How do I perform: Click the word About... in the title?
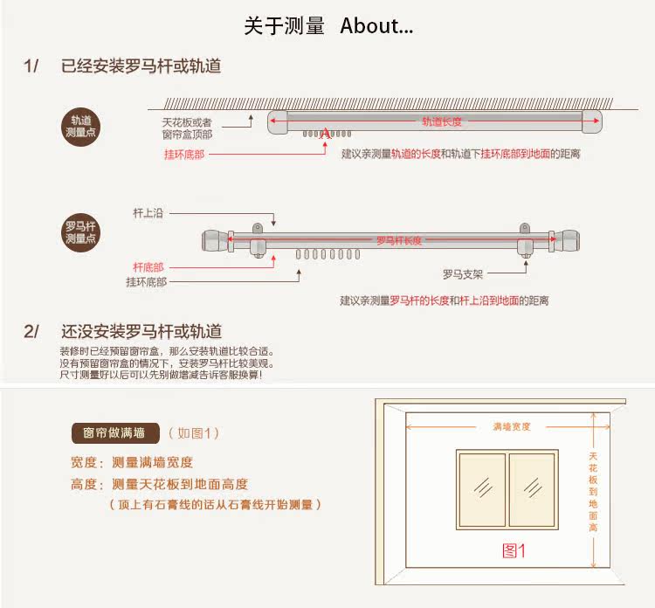coord(376,26)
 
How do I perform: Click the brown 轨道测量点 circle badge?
coord(81,126)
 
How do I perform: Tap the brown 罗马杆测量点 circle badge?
coord(81,231)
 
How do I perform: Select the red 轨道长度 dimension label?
coord(441,121)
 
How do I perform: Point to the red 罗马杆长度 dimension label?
coord(399,240)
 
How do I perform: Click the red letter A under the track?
coord(325,134)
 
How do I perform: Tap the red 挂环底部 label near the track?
coord(184,154)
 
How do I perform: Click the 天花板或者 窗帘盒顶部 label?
coord(187,128)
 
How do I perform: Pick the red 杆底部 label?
coord(148,266)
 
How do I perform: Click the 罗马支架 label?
coord(462,274)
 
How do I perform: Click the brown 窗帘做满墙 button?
coord(114,432)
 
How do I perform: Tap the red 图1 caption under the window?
coord(514,550)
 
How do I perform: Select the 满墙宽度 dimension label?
coord(512,427)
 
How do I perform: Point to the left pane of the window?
coord(481,489)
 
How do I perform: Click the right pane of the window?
coord(533,489)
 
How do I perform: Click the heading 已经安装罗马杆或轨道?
coord(141,66)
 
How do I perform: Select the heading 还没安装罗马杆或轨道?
coord(141,331)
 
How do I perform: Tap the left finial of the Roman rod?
coord(214,240)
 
